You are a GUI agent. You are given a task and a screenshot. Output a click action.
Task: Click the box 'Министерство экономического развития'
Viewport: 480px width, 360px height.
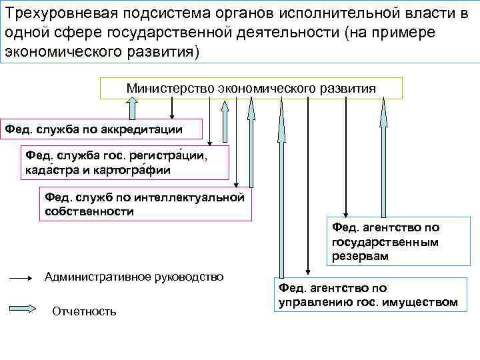251,88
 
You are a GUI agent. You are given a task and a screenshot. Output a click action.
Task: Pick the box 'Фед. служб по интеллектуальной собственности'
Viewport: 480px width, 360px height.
144,204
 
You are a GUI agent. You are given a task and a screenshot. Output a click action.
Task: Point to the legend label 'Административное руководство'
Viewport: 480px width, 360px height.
134,277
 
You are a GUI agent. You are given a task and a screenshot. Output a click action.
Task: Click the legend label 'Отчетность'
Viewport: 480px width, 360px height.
84,311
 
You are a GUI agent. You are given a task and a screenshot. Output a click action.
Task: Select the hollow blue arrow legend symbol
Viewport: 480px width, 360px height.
25,309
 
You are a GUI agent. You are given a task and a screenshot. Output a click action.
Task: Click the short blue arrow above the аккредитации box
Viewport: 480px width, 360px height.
131,109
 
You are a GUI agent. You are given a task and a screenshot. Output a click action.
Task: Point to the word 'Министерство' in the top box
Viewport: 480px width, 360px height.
161,88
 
